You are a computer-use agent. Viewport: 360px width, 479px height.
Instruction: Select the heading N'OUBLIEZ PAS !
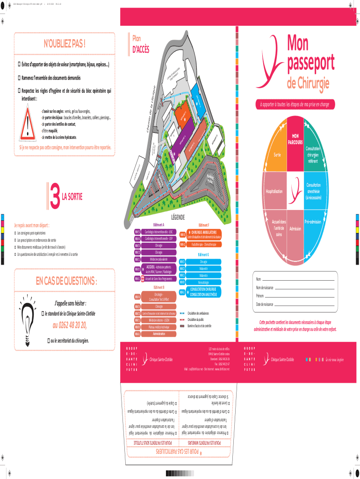point(65,44)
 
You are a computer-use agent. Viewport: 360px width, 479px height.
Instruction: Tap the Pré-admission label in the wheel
point(313,221)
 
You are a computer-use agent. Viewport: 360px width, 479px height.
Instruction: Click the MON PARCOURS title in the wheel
point(295,138)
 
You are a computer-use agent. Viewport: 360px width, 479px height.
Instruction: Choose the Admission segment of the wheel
point(295,229)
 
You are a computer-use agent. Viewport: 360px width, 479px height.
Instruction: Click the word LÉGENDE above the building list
point(178,217)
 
